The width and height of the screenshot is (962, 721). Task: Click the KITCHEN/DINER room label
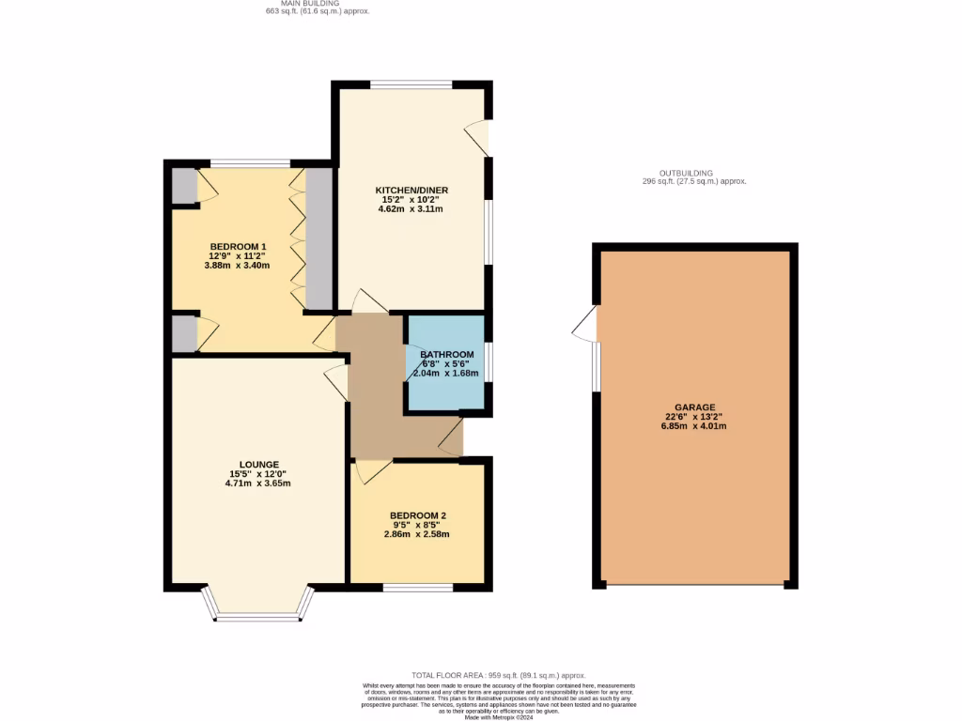[414, 190]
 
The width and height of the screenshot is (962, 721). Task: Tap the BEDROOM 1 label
[238, 246]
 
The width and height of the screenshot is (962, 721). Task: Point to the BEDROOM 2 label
[418, 515]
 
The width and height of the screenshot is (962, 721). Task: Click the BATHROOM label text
[446, 354]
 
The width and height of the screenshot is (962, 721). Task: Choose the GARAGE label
[694, 407]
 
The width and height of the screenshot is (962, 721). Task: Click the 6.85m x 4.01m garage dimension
[694, 426]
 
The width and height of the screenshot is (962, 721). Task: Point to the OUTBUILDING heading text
[686, 173]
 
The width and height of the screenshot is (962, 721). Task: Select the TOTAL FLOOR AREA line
[499, 675]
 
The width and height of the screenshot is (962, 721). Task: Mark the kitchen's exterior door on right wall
[479, 137]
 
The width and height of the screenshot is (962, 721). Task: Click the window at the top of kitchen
[411, 85]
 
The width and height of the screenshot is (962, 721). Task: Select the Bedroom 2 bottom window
[418, 588]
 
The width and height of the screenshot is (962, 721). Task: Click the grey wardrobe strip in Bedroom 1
[319, 238]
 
